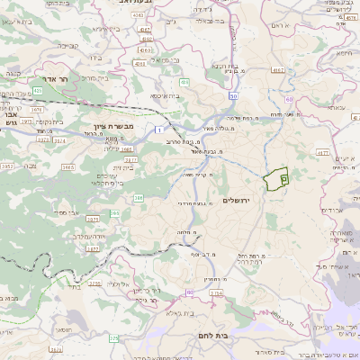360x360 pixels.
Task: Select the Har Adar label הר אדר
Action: click(x=43, y=79)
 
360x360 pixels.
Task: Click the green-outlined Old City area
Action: click(x=275, y=178)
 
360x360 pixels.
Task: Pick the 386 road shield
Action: click(x=139, y=197)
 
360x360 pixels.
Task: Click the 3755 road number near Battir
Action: click(x=94, y=283)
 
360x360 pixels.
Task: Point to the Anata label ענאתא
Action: click(x=337, y=107)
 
